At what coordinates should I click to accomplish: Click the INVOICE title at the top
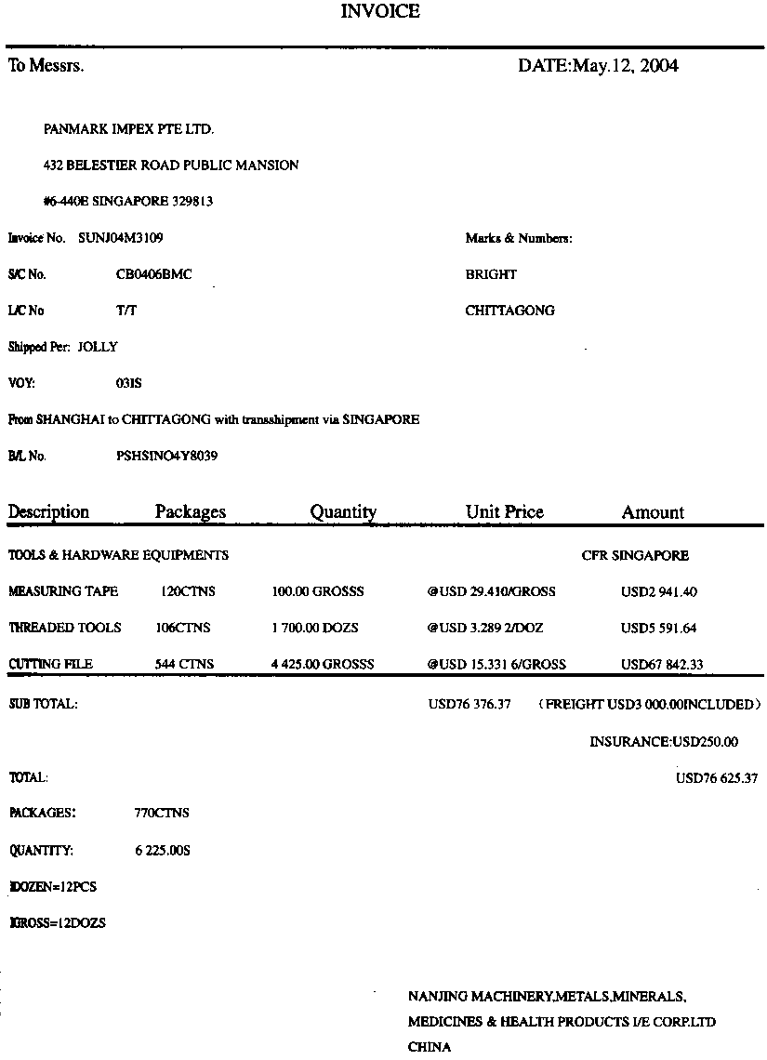[x=380, y=12]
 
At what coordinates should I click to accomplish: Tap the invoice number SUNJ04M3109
[x=121, y=238]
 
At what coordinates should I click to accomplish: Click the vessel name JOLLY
[x=98, y=347]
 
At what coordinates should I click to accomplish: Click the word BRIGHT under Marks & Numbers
[x=491, y=274]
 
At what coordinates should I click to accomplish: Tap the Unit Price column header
[x=504, y=512]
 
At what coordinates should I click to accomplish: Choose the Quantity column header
[x=343, y=512]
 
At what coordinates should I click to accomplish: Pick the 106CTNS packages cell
[x=183, y=628]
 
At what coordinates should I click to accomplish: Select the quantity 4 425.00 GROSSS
[x=322, y=664]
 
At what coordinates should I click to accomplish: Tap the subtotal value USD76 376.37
[x=469, y=704]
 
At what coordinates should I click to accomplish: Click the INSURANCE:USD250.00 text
[x=664, y=741]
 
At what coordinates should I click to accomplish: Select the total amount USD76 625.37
[x=716, y=777]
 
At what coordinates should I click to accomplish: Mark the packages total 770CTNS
[x=162, y=813]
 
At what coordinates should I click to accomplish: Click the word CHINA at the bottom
[x=430, y=1047]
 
